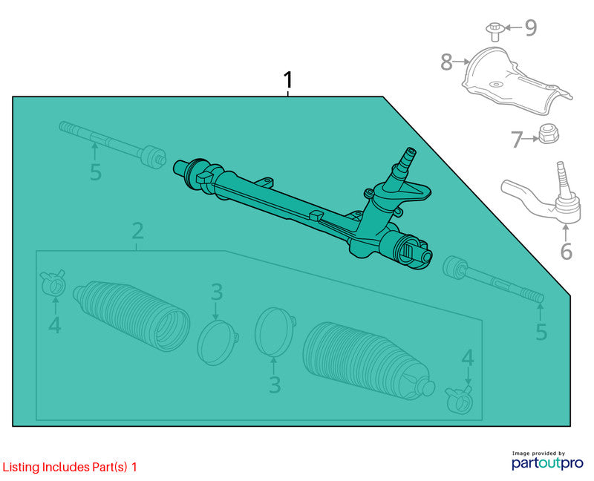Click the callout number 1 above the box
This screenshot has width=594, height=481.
click(288, 80)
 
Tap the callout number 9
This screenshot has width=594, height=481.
click(531, 27)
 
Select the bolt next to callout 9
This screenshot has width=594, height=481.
click(494, 31)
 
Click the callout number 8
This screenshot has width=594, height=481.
click(447, 62)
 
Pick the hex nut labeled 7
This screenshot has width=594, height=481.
click(549, 134)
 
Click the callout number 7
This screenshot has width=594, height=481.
click(517, 140)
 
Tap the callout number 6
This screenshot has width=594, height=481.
click(566, 251)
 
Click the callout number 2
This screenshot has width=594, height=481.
click(137, 231)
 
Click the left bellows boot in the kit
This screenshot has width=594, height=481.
click(131, 315)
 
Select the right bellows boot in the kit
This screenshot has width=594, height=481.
click(368, 361)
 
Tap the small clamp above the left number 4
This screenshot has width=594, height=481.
click(53, 282)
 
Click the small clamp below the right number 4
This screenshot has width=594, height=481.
click(459, 399)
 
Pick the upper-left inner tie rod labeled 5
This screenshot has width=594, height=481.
click(113, 143)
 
